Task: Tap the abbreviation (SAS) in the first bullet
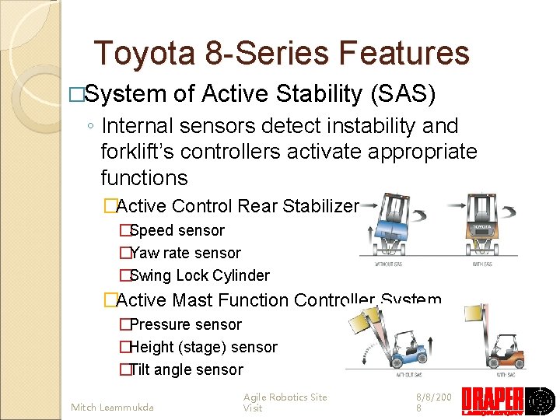click(x=404, y=94)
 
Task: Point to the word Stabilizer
click(x=320, y=206)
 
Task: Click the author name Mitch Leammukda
click(x=112, y=407)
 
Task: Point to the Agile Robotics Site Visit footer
click(x=285, y=402)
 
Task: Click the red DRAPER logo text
click(x=492, y=401)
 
